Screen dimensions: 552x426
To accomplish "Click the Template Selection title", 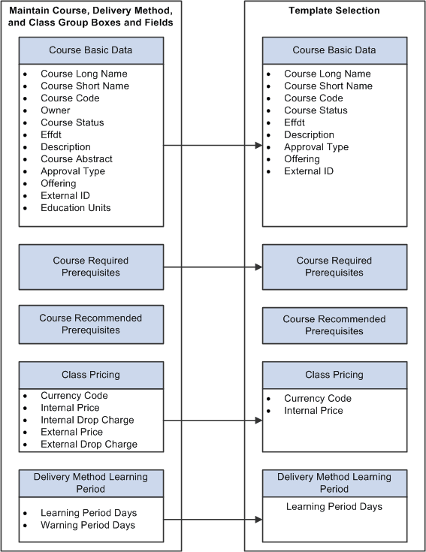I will pyautogui.click(x=334, y=11).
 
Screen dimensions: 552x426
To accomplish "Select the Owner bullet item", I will pyautogui.click(x=55, y=110).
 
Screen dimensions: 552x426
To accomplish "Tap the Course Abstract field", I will pyautogui.click(x=77, y=159).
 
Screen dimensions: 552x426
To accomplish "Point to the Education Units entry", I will pyautogui.click(x=75, y=208).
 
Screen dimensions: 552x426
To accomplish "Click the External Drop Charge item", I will pyautogui.click(x=89, y=445).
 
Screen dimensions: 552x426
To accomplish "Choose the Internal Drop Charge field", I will pyautogui.click(x=87, y=421).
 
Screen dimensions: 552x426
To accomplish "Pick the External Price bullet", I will pyautogui.click(x=71, y=433).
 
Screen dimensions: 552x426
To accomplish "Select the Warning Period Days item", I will pyautogui.click(x=88, y=526).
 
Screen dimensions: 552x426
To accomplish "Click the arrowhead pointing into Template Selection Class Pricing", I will pyautogui.click(x=258, y=421).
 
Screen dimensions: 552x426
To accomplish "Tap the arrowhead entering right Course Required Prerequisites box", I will pyautogui.click(x=258, y=267).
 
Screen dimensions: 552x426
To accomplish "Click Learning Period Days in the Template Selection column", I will pyautogui.click(x=334, y=507).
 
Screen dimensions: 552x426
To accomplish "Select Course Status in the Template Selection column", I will pyautogui.click(x=316, y=110).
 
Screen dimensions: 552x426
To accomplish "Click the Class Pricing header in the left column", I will pyautogui.click(x=90, y=375).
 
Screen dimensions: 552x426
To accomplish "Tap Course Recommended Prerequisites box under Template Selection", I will pyautogui.click(x=334, y=325).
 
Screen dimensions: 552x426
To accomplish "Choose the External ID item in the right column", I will pyautogui.click(x=309, y=171).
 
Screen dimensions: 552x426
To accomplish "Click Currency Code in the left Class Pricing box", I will pyautogui.click(x=74, y=396).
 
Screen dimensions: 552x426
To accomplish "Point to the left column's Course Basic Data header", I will pyautogui.click(x=90, y=50).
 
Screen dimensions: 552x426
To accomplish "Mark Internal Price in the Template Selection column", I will pyautogui.click(x=313, y=411).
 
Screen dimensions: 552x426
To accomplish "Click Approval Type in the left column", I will pyautogui.click(x=73, y=171).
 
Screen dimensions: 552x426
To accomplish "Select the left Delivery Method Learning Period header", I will pyautogui.click(x=90, y=482).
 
